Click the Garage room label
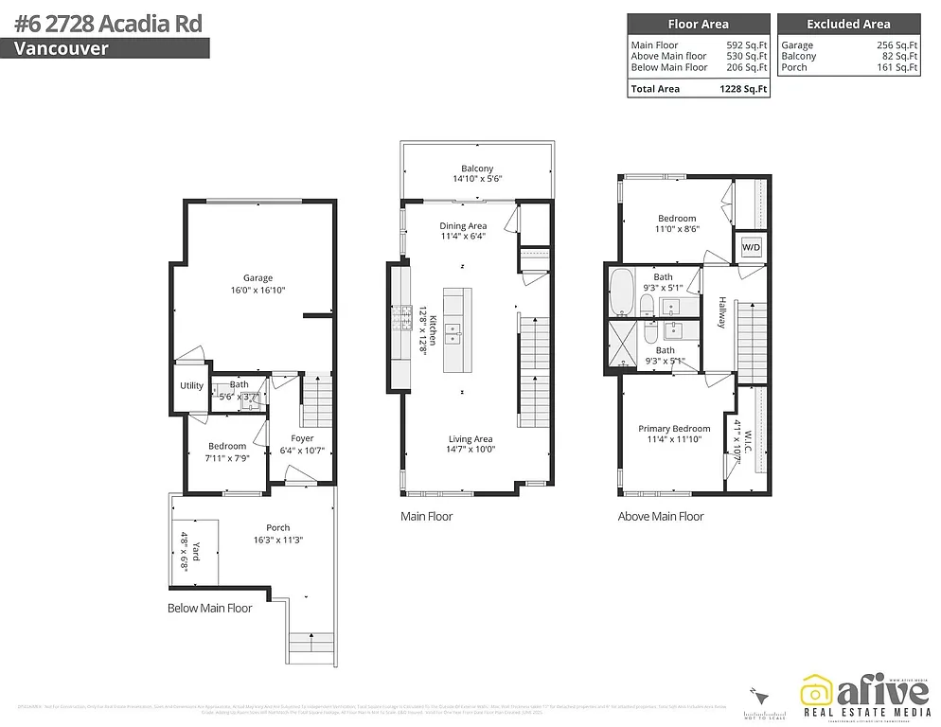click(257, 277)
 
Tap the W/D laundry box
click(751, 247)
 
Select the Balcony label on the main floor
click(477, 168)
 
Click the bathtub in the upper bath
click(622, 293)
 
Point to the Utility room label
click(191, 386)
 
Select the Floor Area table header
click(699, 25)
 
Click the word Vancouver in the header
click(62, 48)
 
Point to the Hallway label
click(721, 312)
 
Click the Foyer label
click(302, 438)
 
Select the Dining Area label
click(463, 225)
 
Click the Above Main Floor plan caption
click(661, 517)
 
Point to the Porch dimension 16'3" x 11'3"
click(278, 541)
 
